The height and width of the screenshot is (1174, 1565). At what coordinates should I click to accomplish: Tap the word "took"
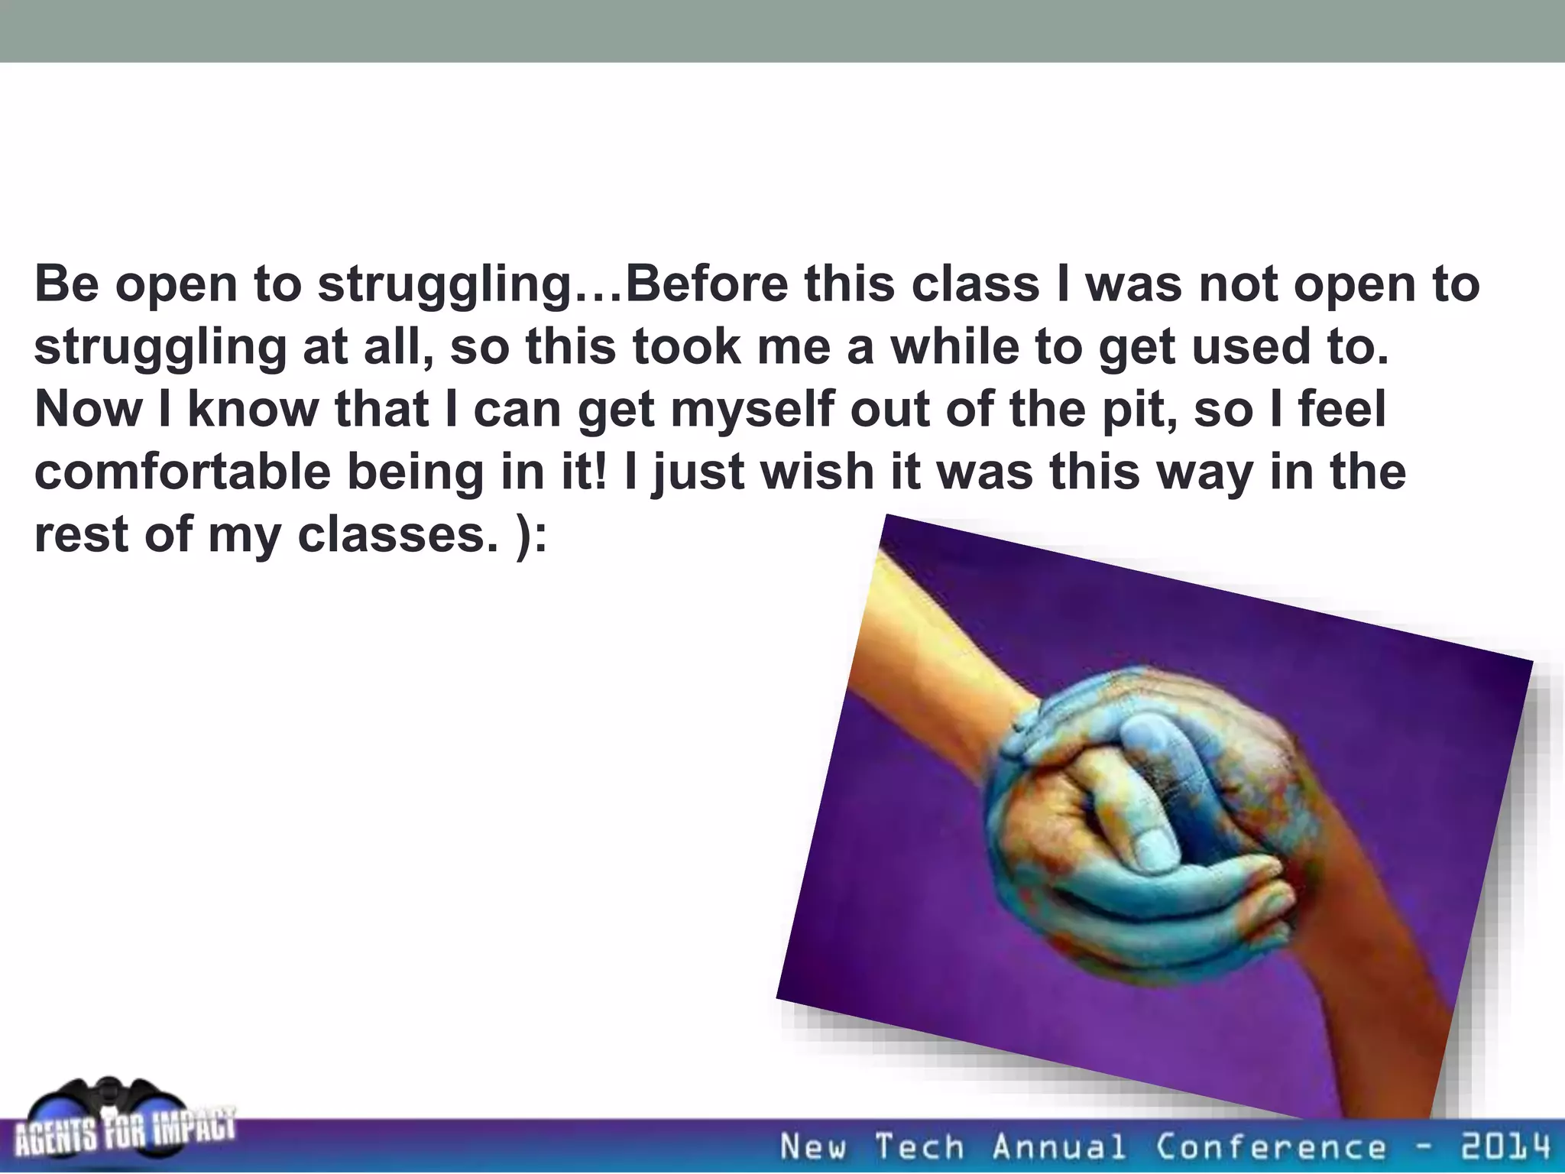(x=687, y=346)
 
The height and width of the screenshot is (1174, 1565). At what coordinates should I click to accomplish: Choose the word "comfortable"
(x=183, y=472)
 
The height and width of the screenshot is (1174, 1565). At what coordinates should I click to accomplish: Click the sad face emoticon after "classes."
(x=527, y=536)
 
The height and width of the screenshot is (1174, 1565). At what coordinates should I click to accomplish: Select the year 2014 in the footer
(x=1506, y=1146)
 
